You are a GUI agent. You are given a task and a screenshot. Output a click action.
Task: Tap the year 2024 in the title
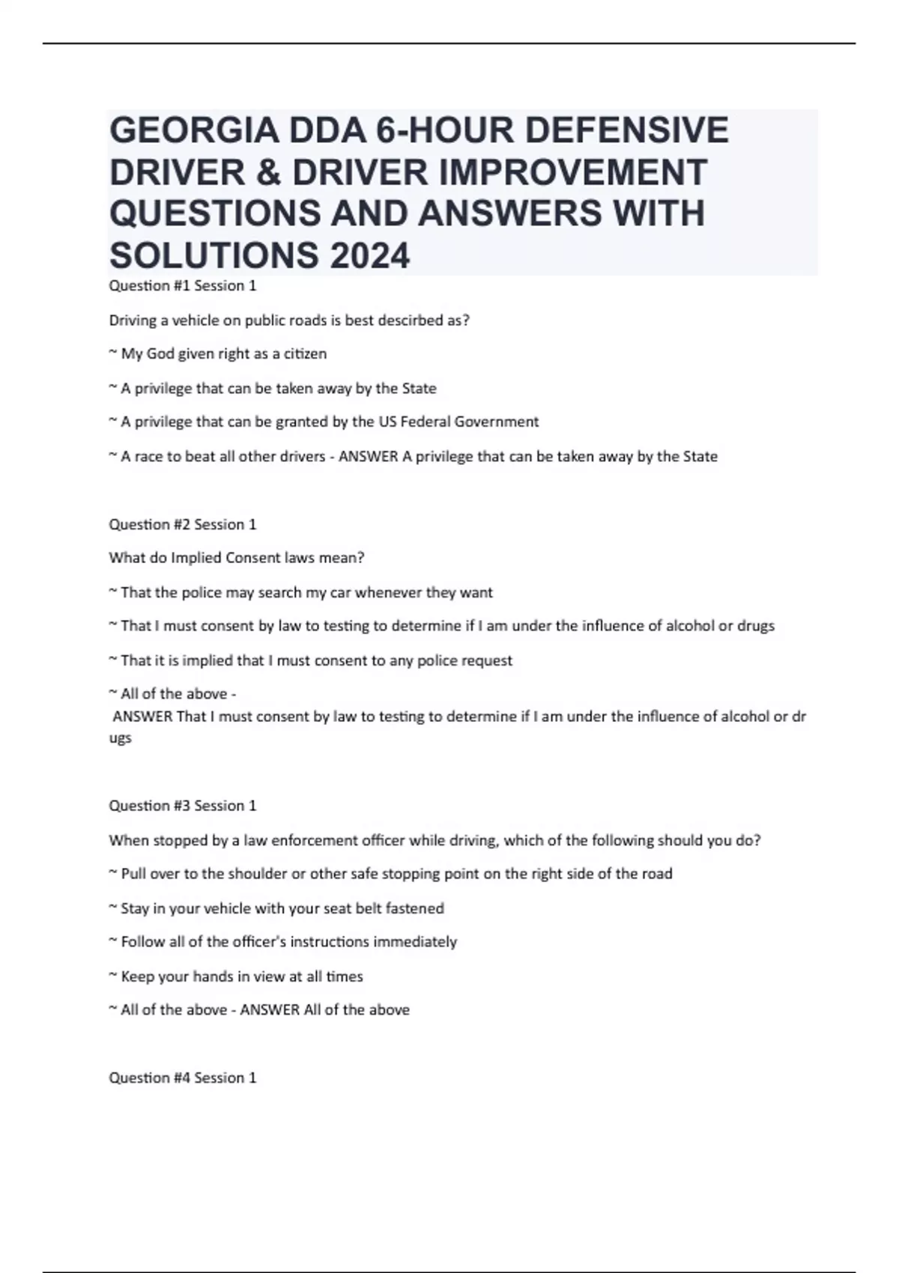[369, 257]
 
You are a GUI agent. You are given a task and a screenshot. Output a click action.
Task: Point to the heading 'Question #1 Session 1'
[183, 286]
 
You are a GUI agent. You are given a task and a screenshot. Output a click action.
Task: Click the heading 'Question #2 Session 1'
[183, 525]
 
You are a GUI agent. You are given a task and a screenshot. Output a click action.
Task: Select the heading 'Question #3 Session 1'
[183, 806]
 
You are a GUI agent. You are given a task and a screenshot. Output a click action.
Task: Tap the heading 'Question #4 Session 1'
[183, 1078]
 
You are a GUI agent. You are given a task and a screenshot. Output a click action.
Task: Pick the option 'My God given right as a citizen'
[223, 354]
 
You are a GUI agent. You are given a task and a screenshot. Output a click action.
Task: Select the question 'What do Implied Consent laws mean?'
[237, 559]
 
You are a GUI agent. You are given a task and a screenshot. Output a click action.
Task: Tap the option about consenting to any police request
[316, 660]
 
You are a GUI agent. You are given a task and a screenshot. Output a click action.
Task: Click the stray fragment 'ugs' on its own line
[121, 739]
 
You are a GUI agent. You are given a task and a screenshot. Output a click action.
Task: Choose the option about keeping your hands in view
[241, 976]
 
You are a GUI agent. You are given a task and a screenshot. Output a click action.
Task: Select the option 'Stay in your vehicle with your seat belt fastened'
[282, 908]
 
